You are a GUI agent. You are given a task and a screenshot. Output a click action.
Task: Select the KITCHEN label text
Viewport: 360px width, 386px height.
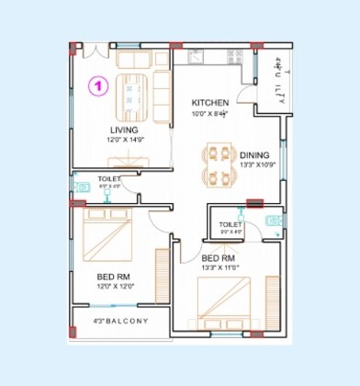(210, 102)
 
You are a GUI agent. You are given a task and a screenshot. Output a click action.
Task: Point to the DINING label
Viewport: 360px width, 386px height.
(254, 155)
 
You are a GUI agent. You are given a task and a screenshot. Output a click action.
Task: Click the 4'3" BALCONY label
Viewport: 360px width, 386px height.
(119, 321)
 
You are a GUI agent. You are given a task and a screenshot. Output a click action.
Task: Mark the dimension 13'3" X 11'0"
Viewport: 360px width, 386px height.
(220, 267)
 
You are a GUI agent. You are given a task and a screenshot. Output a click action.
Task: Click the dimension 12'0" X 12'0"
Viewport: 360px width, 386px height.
(116, 286)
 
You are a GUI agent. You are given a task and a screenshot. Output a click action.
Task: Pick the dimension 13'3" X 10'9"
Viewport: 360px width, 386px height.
(256, 166)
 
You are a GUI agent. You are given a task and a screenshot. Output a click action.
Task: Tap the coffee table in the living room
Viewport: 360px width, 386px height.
(130, 91)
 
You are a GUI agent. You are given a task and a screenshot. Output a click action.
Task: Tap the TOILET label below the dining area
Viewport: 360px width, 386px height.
(231, 224)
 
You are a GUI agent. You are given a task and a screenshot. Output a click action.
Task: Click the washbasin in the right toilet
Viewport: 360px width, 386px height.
(272, 221)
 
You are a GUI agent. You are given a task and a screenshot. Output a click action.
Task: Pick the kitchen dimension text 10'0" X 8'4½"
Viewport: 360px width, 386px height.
(209, 112)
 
